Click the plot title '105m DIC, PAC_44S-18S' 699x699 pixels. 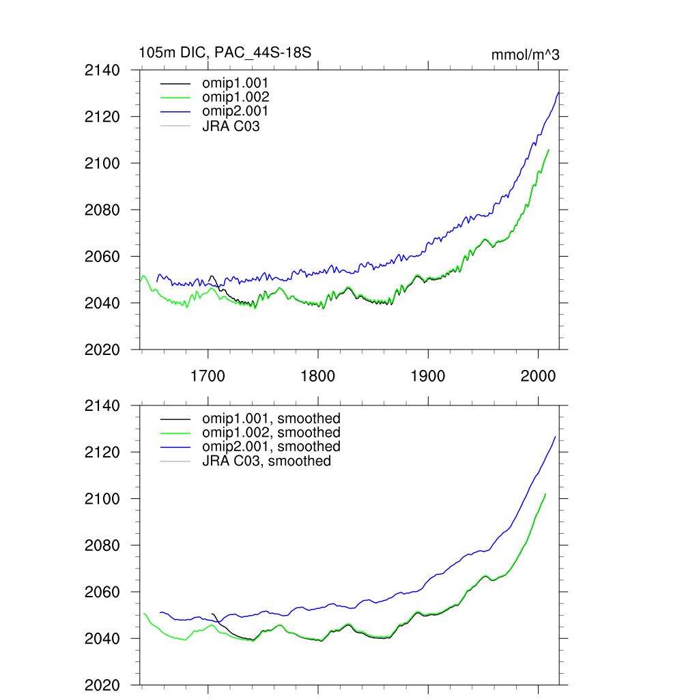coord(225,53)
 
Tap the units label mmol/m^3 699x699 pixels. coord(525,55)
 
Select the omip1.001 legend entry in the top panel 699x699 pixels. coord(235,83)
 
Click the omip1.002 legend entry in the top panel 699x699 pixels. coord(235,97)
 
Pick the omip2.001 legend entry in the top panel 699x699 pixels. coord(235,111)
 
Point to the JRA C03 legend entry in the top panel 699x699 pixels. coord(231,126)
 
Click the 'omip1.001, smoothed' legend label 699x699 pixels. coord(271,418)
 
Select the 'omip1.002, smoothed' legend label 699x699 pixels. coord(271,433)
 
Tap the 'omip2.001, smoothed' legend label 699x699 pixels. coord(271,446)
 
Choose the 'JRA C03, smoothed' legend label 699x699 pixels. coord(266,461)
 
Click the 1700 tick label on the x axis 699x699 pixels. coord(208,376)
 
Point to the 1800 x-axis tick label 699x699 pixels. coord(317,376)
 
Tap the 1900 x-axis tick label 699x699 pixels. coord(428,376)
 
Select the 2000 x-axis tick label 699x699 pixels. coord(538,376)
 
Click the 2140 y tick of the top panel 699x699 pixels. coord(102,70)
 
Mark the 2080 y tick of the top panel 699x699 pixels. coord(102,210)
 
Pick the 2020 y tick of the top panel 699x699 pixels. coord(102,349)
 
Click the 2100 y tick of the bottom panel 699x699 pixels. coord(102,499)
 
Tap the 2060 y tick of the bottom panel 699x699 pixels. coord(102,593)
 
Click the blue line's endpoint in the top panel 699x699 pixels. coord(559,92)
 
